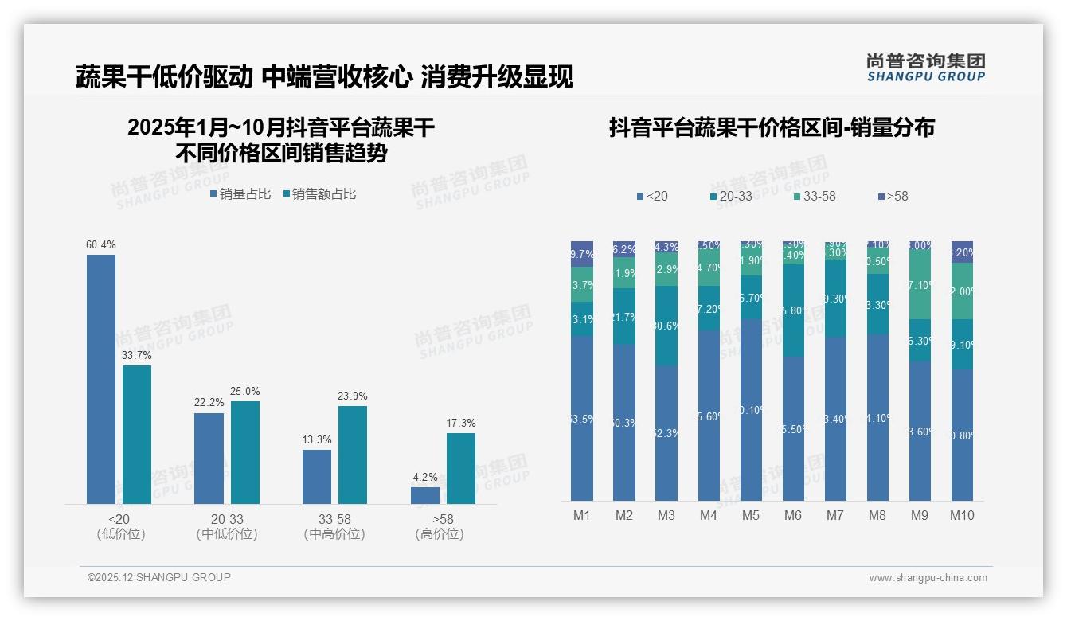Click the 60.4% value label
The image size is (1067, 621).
coord(100,245)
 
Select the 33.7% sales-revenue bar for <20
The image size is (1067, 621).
coord(137,434)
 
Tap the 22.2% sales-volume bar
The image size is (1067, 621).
coord(209,458)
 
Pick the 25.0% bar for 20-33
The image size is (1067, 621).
coord(245,452)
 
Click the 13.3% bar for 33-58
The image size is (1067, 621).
coord(317,476)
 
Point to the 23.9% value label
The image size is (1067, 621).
coord(353,396)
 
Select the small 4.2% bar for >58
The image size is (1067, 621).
coord(425,495)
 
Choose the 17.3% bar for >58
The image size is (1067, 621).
coord(461,468)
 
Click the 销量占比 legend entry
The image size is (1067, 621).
coord(240,194)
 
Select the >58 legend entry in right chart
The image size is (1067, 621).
coord(893,196)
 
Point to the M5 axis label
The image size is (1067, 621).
coord(751,516)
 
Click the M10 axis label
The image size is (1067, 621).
coord(962,516)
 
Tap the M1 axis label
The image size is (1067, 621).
coord(582,516)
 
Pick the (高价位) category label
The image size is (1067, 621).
coord(440,534)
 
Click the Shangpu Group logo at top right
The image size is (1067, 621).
coord(925,68)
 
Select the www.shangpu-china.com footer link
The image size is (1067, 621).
coord(928,578)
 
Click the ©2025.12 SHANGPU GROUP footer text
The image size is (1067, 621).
coord(159,577)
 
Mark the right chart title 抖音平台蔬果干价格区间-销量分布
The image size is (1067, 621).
coord(772,127)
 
